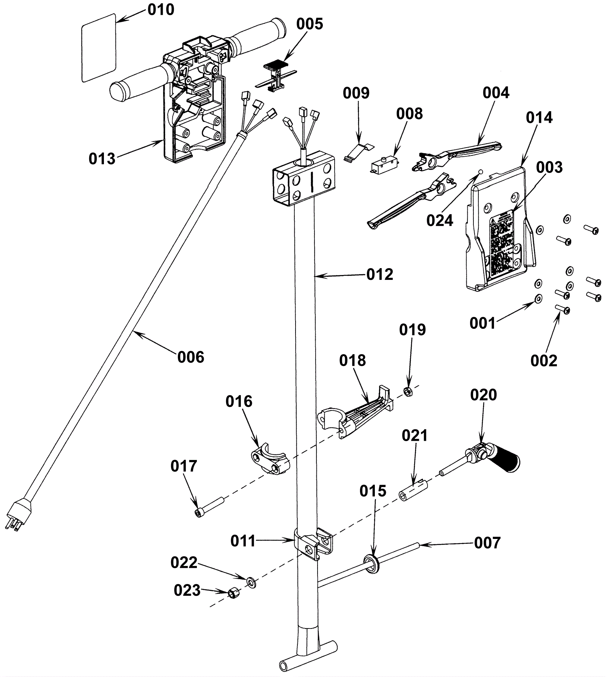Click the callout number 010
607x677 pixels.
click(x=161, y=10)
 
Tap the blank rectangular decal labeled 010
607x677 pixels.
click(x=99, y=48)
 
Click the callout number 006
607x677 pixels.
click(x=191, y=357)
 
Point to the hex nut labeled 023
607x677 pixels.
click(x=233, y=593)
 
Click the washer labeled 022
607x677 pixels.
click(x=251, y=581)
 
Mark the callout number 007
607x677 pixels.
click(x=487, y=543)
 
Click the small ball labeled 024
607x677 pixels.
click(x=480, y=172)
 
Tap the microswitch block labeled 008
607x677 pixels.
click(x=384, y=165)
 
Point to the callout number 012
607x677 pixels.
click(x=379, y=275)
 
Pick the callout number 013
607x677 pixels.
click(x=102, y=159)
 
